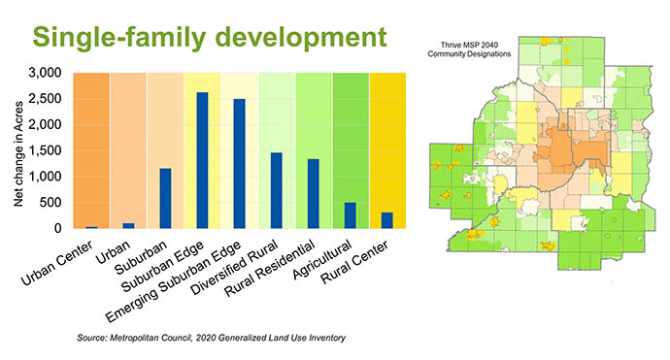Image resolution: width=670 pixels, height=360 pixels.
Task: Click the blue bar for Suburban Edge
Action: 202,160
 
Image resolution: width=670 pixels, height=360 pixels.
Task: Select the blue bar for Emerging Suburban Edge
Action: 239,163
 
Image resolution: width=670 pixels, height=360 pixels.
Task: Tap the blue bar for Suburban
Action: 165,198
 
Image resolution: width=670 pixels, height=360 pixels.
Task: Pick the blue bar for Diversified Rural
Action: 276,190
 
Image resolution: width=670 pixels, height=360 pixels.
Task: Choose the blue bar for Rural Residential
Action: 313,193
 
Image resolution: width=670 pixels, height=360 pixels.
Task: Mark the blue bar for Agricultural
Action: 350,215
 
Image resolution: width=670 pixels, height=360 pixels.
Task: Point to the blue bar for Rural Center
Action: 386,220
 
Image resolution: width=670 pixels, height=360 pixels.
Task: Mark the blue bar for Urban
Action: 128,225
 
